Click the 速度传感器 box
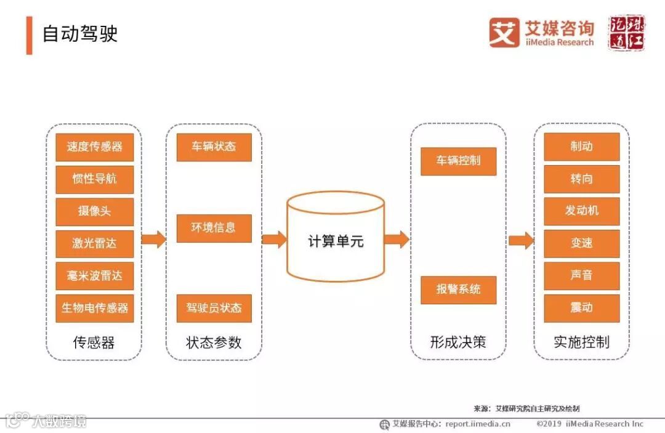94,147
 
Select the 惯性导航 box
94,179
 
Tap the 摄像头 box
94,211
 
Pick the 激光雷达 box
94,243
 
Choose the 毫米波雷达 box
94,275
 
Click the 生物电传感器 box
94,307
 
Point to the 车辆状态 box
214,147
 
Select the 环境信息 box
214,228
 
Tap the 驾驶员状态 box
214,308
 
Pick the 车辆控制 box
458,161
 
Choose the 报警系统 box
458,289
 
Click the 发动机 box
581,211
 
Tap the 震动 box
581,308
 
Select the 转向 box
581,179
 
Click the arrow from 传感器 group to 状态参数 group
153,240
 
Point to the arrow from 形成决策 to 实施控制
520,240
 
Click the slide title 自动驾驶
79,33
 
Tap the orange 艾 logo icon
504,33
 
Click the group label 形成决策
458,342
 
